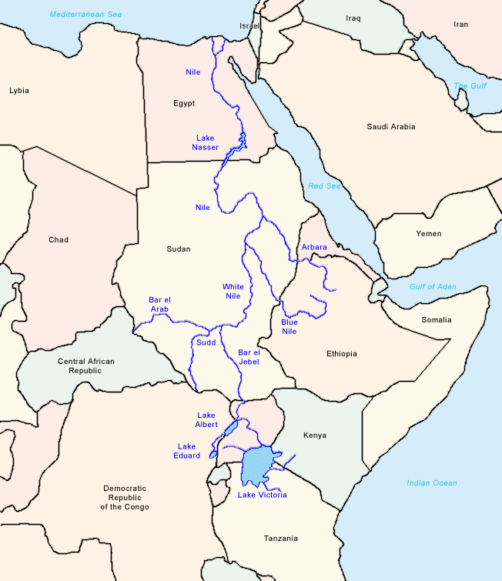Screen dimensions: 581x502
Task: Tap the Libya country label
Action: [19, 90]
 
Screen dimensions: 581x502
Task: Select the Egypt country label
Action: [184, 103]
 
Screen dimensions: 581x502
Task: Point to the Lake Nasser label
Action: [206, 142]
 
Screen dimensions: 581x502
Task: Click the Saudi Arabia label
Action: [391, 126]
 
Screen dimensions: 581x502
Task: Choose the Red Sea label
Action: [323, 186]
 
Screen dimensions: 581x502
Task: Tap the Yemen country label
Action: [429, 233]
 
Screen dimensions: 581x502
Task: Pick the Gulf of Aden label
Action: [433, 287]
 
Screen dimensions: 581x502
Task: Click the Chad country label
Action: [59, 240]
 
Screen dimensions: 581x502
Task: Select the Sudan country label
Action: [178, 249]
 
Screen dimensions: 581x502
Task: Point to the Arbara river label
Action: [314, 247]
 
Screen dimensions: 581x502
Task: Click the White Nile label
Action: [233, 292]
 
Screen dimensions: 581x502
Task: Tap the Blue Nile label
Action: [289, 326]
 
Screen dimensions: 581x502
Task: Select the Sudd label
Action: [206, 342]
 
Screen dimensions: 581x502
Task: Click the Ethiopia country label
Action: [342, 354]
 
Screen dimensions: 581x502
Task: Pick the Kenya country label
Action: [315, 436]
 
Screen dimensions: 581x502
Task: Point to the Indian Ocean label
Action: [432, 483]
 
